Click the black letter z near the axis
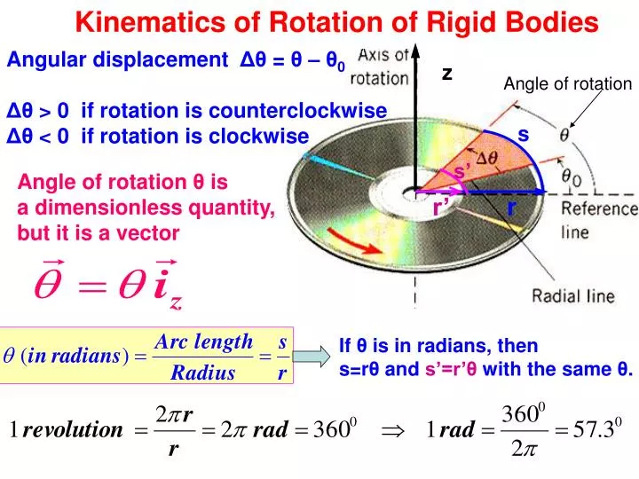pyautogui.click(x=448, y=75)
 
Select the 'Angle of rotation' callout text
pyautogui.click(x=567, y=84)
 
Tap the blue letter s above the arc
pyautogui.click(x=524, y=134)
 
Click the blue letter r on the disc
pyautogui.click(x=512, y=207)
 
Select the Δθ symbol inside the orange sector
pyautogui.click(x=487, y=160)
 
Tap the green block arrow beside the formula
pyautogui.click(x=312, y=357)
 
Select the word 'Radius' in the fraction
pyautogui.click(x=203, y=373)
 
